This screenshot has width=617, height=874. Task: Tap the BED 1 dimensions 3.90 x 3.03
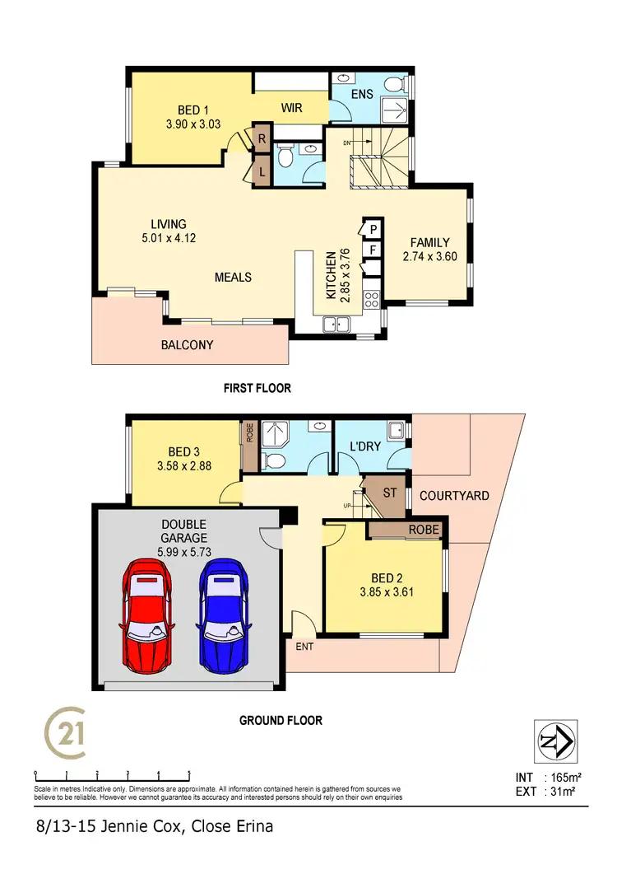[189, 124]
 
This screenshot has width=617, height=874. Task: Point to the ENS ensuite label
[362, 94]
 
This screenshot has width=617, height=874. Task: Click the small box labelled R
[262, 138]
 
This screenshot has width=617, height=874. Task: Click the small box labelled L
[262, 174]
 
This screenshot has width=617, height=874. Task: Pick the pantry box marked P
[372, 228]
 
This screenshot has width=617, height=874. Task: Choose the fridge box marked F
[372, 250]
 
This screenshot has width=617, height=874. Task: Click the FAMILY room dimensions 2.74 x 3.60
[430, 256]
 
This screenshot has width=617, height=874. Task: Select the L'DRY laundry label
[363, 451]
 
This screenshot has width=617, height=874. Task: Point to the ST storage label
[390, 493]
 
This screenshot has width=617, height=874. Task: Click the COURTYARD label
[454, 496]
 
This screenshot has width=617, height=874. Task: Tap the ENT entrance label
[304, 647]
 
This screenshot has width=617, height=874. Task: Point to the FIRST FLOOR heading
[257, 388]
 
